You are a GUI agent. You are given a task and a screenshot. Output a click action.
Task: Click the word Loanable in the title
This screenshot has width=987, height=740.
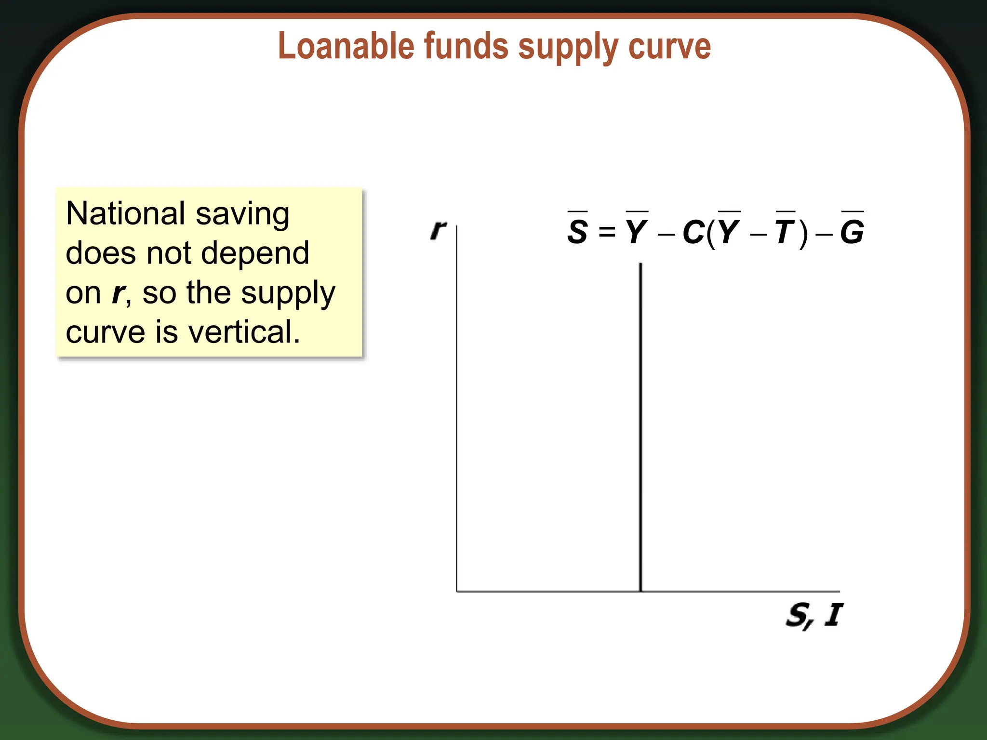pyautogui.click(x=346, y=46)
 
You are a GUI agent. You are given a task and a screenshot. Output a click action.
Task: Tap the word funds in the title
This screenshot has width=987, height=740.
pyautogui.click(x=466, y=46)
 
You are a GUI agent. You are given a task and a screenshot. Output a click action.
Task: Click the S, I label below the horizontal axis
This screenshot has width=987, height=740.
pyautogui.click(x=814, y=615)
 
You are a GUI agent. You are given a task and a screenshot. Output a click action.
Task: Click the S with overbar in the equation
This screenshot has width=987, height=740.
pyautogui.click(x=577, y=231)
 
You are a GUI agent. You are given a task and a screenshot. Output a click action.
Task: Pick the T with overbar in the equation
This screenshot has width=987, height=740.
pyautogui.click(x=785, y=231)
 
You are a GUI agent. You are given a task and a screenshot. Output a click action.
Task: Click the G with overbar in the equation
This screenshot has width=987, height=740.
pyautogui.click(x=852, y=231)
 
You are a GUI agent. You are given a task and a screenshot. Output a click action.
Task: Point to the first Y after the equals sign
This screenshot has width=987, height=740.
pyautogui.click(x=637, y=231)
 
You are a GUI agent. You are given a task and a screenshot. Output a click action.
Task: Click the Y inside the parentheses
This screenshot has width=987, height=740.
pyautogui.click(x=729, y=231)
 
